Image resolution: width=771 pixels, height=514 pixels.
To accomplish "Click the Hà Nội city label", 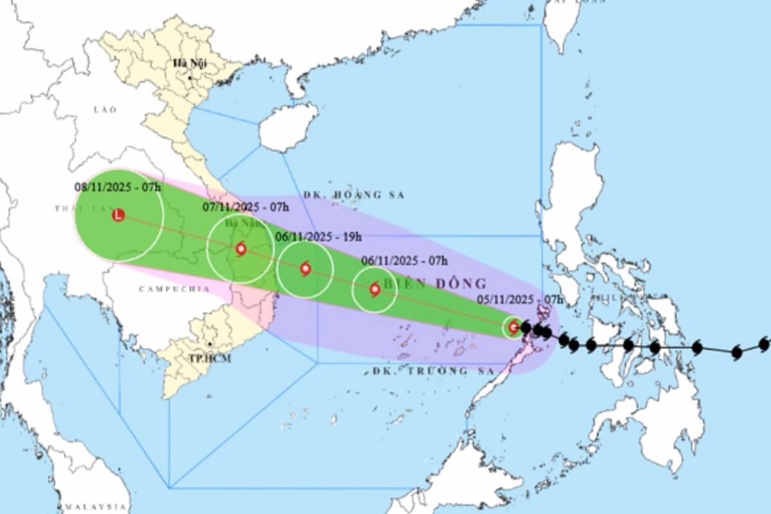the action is tap(186, 64).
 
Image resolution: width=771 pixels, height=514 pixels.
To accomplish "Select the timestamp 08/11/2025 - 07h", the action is tap(118, 187).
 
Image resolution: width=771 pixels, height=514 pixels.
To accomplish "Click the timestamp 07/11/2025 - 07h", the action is tap(246, 207).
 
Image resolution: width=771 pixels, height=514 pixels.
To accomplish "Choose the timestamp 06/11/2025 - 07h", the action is tap(405, 260).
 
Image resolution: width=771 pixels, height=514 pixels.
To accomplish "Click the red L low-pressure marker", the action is tap(118, 216).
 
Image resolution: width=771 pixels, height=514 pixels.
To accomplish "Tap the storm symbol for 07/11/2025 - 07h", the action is tap(241, 249).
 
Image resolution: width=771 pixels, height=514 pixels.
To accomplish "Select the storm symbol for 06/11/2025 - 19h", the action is tap(305, 269).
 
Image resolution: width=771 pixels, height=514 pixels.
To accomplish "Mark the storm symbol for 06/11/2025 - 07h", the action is tap(375, 290).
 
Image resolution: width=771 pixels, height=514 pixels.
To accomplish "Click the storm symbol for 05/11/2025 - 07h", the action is tap(513, 328).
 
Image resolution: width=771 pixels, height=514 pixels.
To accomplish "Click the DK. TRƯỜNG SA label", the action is tap(434, 371).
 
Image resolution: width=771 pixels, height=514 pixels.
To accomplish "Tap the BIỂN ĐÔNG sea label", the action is tap(436, 283).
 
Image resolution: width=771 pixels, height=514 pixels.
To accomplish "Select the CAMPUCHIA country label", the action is tap(174, 289).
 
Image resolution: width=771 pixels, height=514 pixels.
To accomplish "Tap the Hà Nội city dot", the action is tap(190, 78).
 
